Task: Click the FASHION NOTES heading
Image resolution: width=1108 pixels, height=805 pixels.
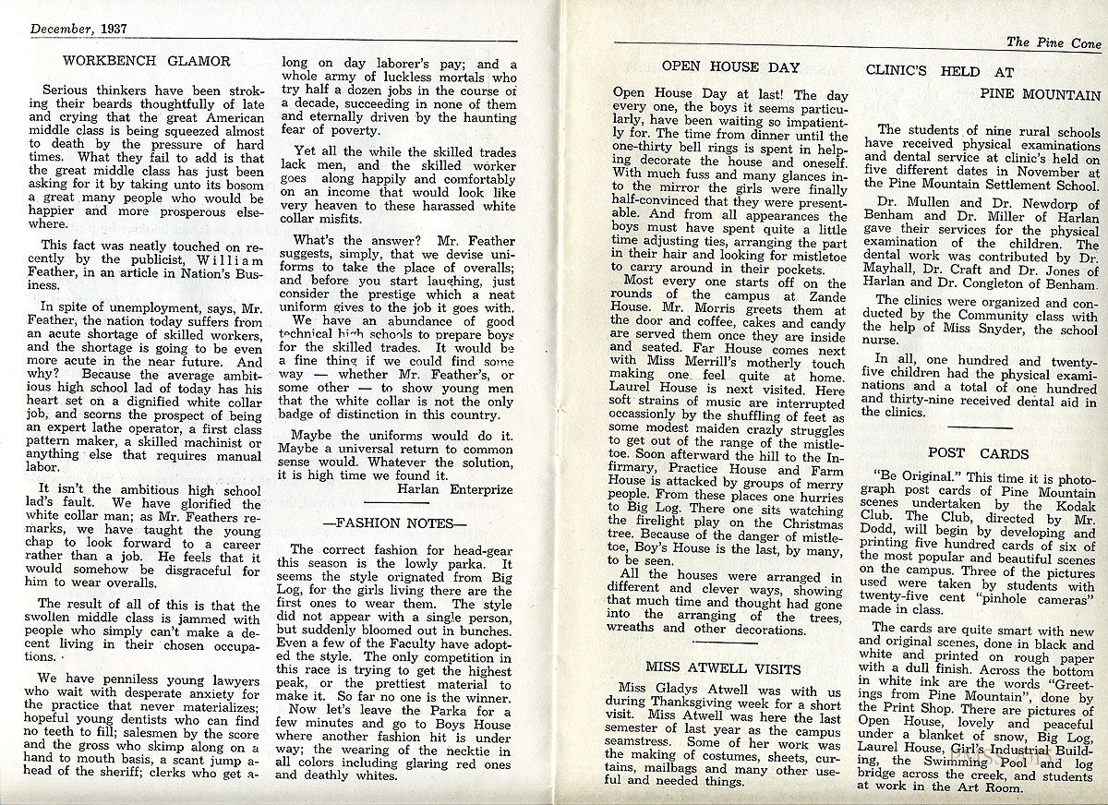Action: pos(389,523)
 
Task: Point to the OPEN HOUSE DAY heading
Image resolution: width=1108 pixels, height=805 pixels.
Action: pos(730,66)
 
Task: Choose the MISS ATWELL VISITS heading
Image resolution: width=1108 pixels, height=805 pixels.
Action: pos(723,667)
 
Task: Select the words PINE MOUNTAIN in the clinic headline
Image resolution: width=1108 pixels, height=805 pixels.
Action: pos(1040,94)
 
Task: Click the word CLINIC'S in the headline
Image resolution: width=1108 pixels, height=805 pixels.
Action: pos(900,71)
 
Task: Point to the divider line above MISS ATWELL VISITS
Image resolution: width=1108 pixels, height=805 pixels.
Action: pos(724,643)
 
